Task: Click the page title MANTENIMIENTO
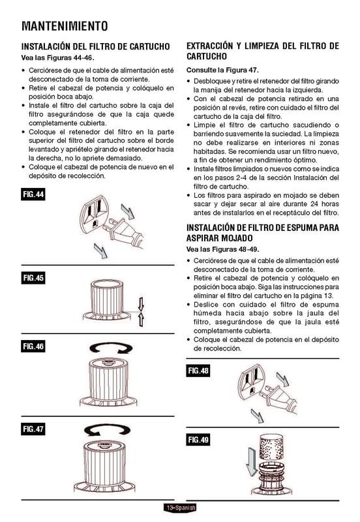click(x=64, y=26)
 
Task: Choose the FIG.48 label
click(x=198, y=371)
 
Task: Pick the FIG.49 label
click(x=198, y=441)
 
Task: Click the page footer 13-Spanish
click(x=180, y=508)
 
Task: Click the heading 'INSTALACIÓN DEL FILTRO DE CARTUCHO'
click(x=96, y=47)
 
